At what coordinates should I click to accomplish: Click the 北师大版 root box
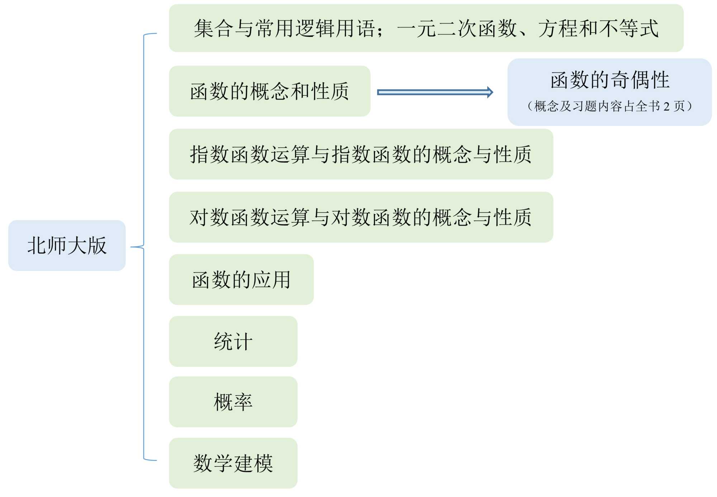67,246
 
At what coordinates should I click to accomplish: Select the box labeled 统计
233,341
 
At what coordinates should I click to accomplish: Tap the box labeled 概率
233,402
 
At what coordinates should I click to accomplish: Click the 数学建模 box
233,463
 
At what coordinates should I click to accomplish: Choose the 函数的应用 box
241,280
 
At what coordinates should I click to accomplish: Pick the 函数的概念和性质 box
269,91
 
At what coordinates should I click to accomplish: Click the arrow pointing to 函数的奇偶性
435,92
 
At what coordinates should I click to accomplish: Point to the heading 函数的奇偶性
610,80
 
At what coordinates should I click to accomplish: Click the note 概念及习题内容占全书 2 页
610,106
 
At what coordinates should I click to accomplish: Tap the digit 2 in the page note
666,106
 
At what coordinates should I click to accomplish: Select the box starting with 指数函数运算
361,154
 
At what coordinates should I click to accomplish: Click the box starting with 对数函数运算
361,217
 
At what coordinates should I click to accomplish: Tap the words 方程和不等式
598,28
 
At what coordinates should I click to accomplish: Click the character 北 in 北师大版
37,246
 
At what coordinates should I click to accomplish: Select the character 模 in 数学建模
263,463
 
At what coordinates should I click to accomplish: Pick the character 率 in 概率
243,402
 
